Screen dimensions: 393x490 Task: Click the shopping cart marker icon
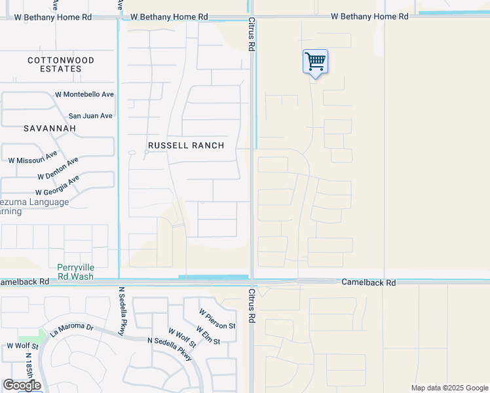315,62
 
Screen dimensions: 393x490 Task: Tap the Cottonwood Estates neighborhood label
61,64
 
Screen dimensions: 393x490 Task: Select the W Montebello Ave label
85,94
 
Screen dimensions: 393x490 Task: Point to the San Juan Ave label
91,116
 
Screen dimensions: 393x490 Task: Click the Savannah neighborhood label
50,128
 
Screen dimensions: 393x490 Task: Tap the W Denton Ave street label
58,168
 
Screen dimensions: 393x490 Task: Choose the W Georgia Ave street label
58,185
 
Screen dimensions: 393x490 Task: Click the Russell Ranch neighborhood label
186,145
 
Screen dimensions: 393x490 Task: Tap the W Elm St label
208,335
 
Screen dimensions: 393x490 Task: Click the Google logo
22,385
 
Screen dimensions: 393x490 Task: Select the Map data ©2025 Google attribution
449,388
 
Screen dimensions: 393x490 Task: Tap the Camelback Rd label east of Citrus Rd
369,282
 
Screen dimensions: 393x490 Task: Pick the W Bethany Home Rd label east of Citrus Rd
369,16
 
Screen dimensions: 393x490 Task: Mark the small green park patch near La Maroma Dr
40,335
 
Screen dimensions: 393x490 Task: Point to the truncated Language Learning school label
34,206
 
